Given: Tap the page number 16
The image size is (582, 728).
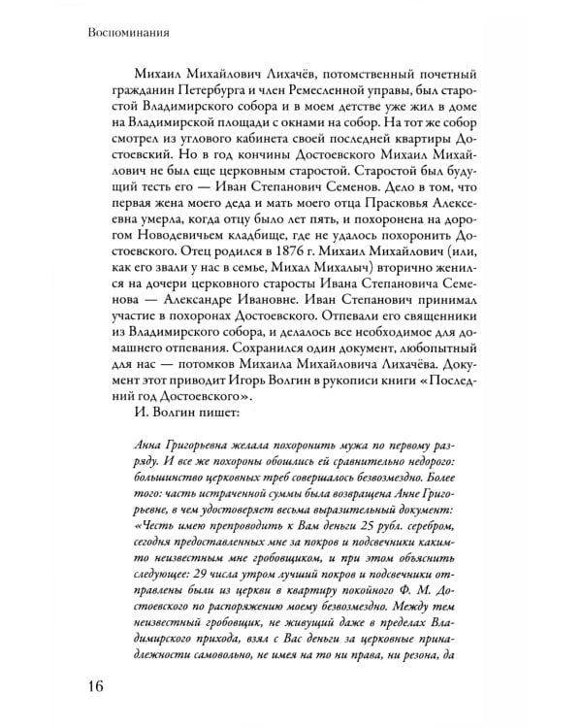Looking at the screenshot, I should pyautogui.click(x=86, y=686).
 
